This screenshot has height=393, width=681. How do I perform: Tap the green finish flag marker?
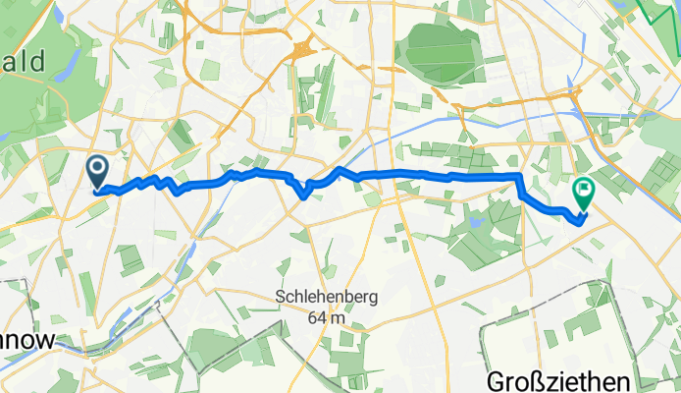583,193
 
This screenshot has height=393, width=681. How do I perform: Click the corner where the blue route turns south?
519,176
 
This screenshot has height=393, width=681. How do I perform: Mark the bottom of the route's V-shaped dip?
305,195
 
